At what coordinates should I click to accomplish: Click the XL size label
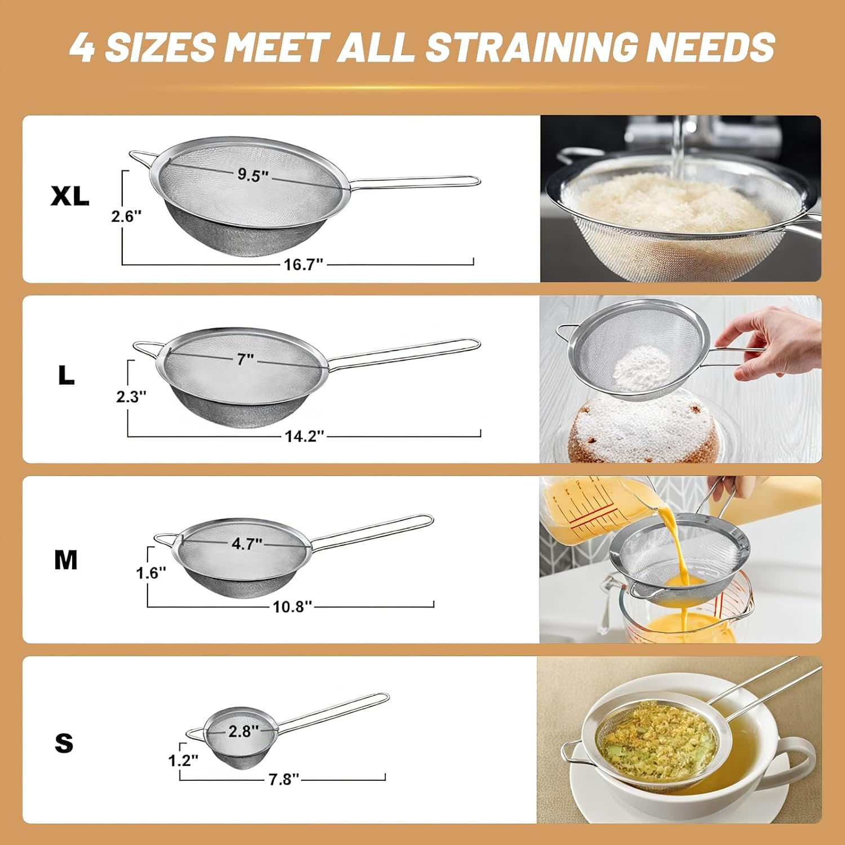click(x=70, y=195)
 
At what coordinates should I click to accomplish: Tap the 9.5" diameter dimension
click(x=252, y=175)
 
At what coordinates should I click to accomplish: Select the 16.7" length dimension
click(x=303, y=264)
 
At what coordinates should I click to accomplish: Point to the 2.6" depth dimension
click(x=126, y=216)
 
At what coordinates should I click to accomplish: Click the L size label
click(x=66, y=375)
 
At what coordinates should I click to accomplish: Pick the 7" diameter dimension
click(x=246, y=359)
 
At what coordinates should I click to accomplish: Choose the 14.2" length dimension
click(x=304, y=435)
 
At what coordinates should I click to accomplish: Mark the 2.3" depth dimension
click(x=131, y=397)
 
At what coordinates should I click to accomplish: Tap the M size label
click(x=66, y=560)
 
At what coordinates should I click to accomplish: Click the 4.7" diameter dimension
click(x=247, y=544)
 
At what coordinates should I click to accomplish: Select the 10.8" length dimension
click(x=292, y=606)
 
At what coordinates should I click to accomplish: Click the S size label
click(x=64, y=743)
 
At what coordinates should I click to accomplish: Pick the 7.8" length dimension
click(x=283, y=779)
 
